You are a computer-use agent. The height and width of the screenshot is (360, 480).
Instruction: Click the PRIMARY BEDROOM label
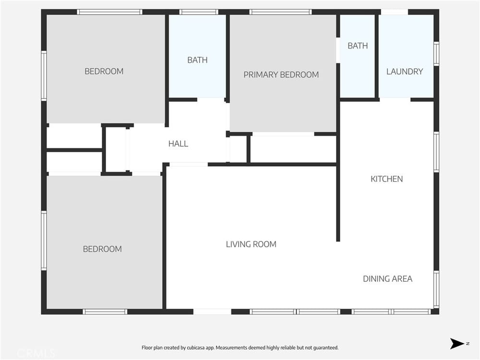[x=281, y=75]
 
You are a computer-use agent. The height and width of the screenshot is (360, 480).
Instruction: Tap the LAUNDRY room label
[x=404, y=72]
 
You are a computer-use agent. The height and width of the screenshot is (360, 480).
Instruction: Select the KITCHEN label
[x=386, y=179]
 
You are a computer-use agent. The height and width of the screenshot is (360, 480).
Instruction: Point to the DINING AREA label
[x=387, y=279]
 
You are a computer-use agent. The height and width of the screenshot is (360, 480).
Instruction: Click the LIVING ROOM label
[x=251, y=244]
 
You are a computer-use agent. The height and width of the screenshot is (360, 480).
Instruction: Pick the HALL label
[x=178, y=144]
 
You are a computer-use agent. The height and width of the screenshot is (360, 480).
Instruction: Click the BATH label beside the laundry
[x=358, y=46]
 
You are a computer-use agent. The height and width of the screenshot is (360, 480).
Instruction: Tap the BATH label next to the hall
[x=197, y=60]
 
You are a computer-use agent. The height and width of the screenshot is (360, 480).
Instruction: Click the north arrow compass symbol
[x=457, y=344]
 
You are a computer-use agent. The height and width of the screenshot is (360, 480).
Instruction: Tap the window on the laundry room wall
[x=436, y=54]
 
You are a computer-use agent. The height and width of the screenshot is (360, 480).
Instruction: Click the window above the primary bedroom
[x=280, y=12]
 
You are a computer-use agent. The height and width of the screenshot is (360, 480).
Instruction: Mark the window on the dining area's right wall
[x=436, y=289]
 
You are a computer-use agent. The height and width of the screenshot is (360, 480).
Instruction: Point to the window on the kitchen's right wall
[x=436, y=152]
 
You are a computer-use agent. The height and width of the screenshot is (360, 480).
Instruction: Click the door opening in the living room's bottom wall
[x=212, y=312]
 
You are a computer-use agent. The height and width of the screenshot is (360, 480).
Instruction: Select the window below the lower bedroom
[x=105, y=312]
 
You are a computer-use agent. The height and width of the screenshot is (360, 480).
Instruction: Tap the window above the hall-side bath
[x=199, y=12]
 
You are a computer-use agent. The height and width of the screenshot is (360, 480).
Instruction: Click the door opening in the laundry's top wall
[x=394, y=12]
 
